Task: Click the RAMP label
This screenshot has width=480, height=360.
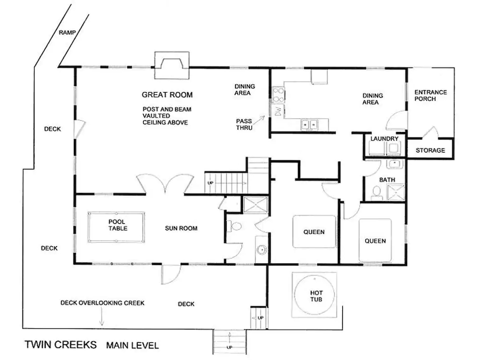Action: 67,33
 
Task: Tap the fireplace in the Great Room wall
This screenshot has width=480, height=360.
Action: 172,65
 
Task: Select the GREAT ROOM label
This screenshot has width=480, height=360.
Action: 167,95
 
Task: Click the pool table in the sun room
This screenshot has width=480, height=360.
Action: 116,227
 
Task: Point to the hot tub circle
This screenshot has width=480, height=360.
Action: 314,295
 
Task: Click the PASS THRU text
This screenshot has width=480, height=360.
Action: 244,124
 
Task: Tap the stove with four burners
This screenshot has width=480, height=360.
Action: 278,95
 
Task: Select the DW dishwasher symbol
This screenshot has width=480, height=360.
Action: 278,111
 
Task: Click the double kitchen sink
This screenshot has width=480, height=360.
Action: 309,125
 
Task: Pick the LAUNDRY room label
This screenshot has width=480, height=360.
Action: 384,139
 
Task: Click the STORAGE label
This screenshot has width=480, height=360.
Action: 430,150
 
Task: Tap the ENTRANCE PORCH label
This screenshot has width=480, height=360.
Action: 431,96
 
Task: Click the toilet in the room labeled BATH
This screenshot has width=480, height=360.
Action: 376,193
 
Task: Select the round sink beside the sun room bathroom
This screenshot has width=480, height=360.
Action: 262,250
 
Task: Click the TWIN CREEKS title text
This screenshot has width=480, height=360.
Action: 60,345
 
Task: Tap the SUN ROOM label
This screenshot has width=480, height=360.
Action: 181,228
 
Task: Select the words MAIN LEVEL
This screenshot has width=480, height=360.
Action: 132,346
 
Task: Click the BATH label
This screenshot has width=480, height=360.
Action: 387,180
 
